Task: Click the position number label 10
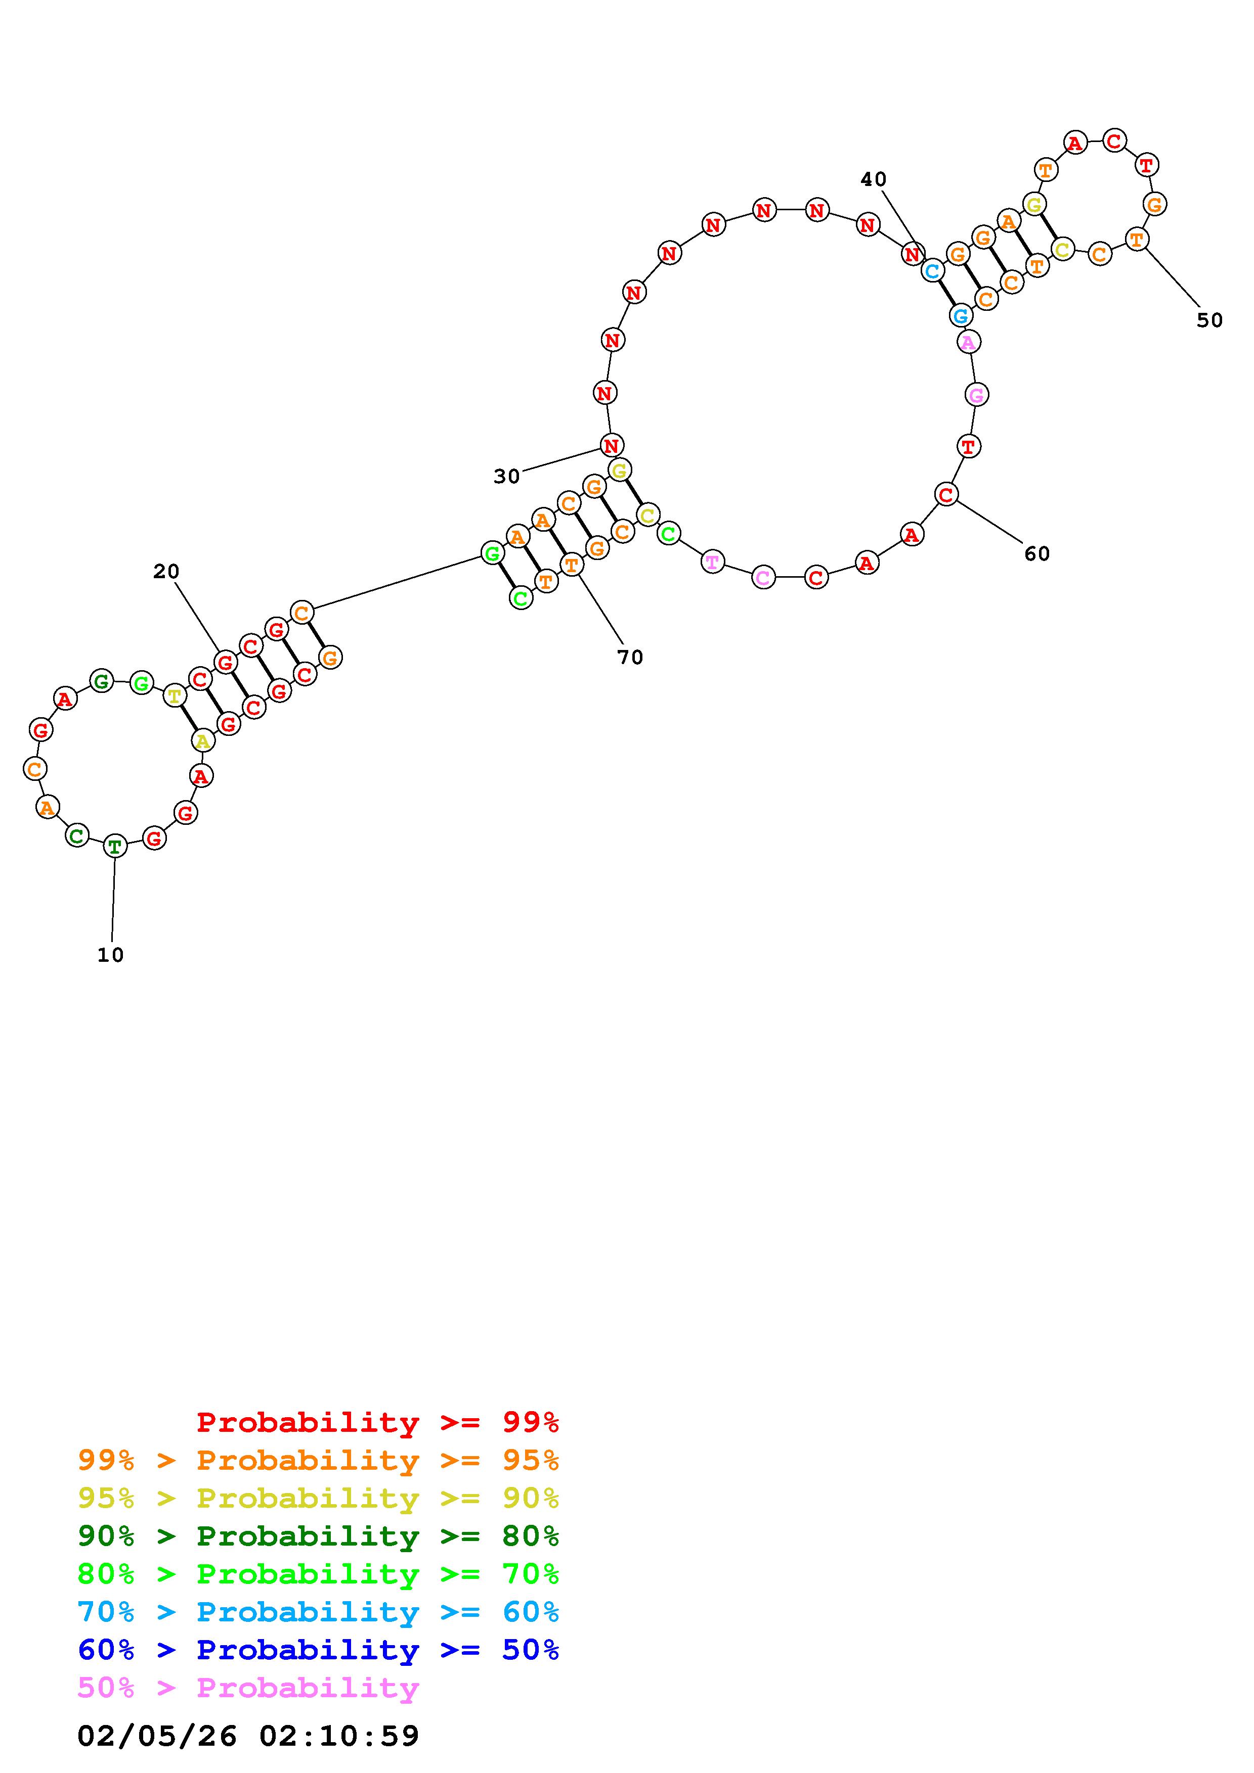pyautogui.click(x=110, y=955)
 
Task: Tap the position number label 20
pyautogui.click(x=166, y=572)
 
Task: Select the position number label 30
pyautogui.click(x=507, y=477)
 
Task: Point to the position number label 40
pyautogui.click(x=874, y=179)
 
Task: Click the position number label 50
pyautogui.click(x=1210, y=320)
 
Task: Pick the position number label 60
pyautogui.click(x=1037, y=553)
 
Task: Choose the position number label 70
pyautogui.click(x=630, y=657)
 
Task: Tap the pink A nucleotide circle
pyautogui.click(x=969, y=341)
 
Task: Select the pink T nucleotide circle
pyautogui.click(x=712, y=562)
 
